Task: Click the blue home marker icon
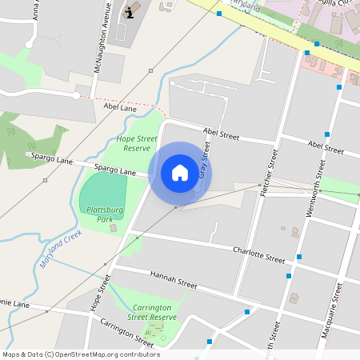180,173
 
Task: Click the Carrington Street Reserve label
152,312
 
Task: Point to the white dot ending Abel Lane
76,96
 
